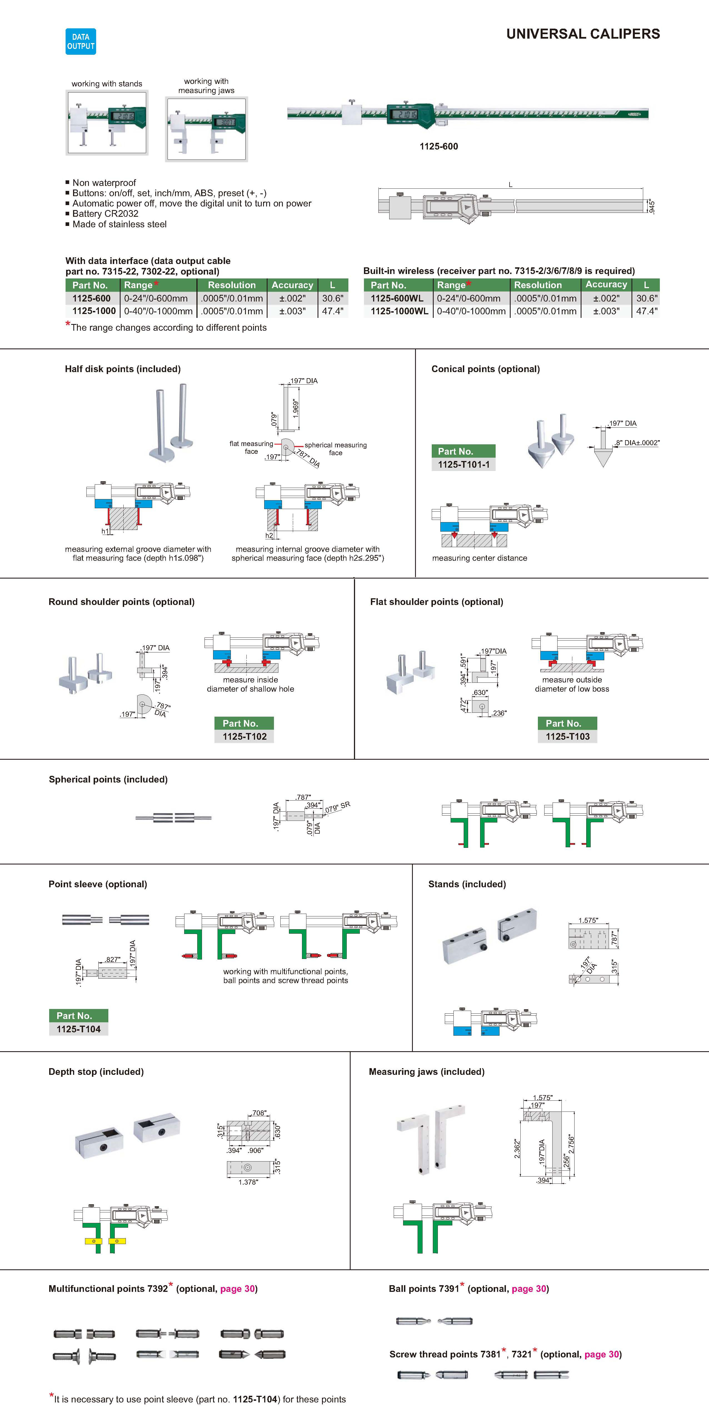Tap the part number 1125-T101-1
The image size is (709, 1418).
(463, 465)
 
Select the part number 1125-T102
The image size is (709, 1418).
(244, 737)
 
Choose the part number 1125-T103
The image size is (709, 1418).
(568, 737)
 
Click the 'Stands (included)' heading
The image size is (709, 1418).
(467, 884)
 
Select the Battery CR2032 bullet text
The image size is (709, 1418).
(105, 214)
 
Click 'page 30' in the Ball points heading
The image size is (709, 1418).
(528, 1289)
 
